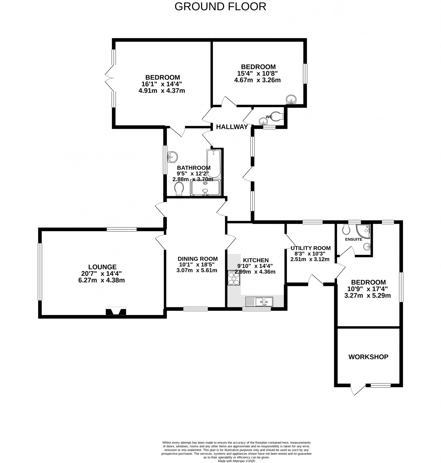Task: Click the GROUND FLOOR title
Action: [220, 6]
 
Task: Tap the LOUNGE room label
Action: [103, 267]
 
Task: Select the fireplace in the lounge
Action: [116, 312]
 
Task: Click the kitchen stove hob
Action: [234, 278]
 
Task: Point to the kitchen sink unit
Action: [259, 302]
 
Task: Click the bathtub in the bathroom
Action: [214, 163]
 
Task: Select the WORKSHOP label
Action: [368, 357]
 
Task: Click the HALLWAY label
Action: [232, 127]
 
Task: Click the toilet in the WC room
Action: [277, 116]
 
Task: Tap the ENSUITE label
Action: [353, 239]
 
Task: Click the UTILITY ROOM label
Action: [311, 248]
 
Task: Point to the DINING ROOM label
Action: [198, 259]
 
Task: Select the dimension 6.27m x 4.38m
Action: [101, 280]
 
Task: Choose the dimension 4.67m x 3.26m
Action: [257, 80]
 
